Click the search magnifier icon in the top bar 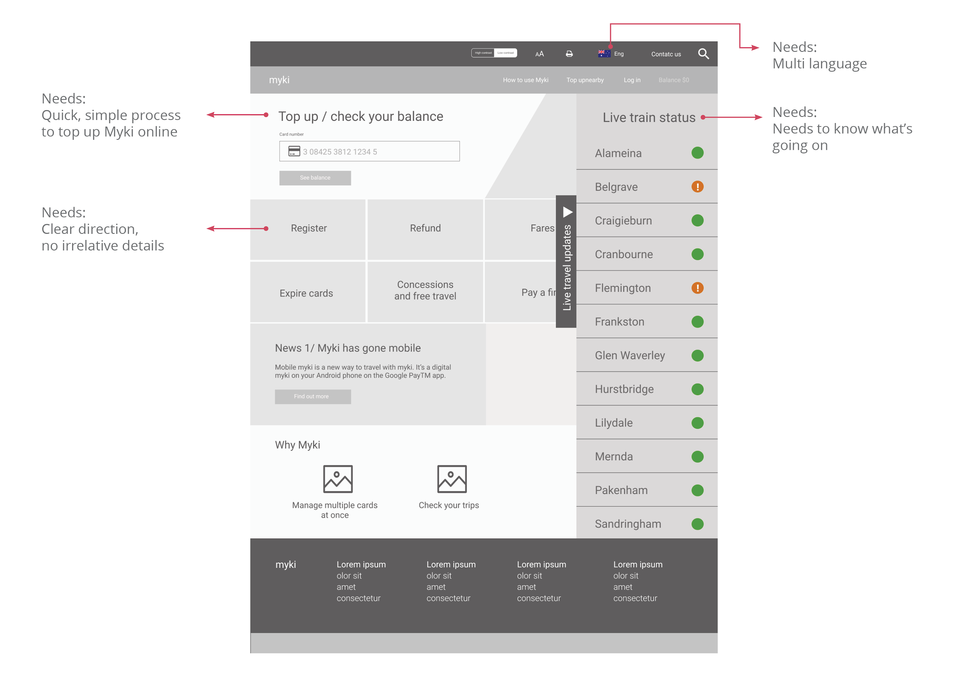coord(703,53)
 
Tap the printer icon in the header coord(569,54)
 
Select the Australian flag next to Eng coord(604,53)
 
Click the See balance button coord(315,178)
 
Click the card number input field coord(369,151)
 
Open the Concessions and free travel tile coord(425,291)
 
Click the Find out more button coord(312,396)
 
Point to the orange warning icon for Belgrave coord(697,187)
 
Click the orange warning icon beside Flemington coord(697,288)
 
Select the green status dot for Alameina coord(697,153)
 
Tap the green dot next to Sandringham coord(697,524)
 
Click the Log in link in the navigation coord(632,80)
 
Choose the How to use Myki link coord(525,80)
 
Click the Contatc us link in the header coord(666,54)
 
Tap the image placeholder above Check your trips coord(451,479)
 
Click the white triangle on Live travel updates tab coord(568,212)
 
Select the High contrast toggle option coord(483,53)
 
